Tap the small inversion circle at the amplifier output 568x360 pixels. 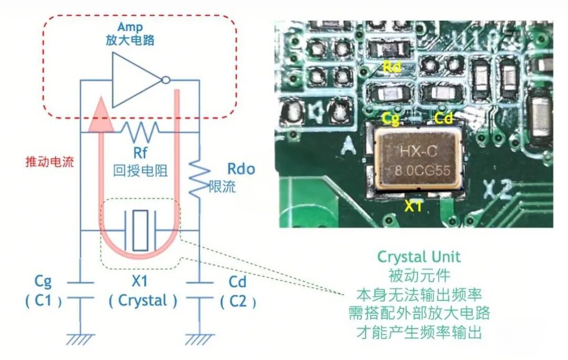tap(166, 80)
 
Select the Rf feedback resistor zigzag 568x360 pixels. tap(140, 132)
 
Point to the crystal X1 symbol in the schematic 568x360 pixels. tap(140, 230)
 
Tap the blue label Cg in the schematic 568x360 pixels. tap(43, 281)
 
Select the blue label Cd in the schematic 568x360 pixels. tap(238, 282)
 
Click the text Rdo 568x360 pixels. tap(241, 168)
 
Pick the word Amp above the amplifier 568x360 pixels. tap(130, 27)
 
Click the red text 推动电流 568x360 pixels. tap(49, 162)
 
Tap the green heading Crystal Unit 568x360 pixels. tap(419, 257)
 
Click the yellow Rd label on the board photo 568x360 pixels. tap(392, 67)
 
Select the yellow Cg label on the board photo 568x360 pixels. tap(391, 118)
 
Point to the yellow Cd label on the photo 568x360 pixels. tap(443, 118)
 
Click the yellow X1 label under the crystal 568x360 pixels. tap(413, 206)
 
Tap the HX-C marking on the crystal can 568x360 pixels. tap(419, 151)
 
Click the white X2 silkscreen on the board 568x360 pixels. tap(499, 190)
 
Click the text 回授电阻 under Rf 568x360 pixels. tap(140, 171)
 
